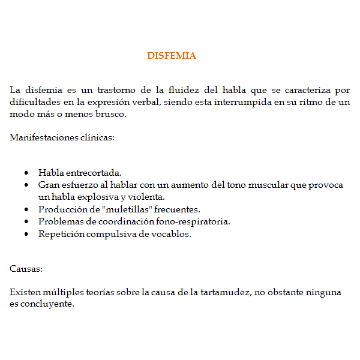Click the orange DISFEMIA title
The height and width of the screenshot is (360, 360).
tap(172, 56)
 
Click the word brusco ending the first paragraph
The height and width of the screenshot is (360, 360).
tap(111, 114)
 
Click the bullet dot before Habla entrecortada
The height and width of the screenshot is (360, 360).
tap(26, 173)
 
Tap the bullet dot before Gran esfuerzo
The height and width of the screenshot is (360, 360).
tap(26, 185)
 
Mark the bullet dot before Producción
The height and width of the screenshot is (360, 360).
tap(26, 210)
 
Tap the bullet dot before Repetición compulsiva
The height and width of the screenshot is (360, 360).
tap(26, 235)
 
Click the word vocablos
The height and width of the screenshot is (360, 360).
tap(172, 234)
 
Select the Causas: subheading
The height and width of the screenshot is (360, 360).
tap(26, 269)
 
